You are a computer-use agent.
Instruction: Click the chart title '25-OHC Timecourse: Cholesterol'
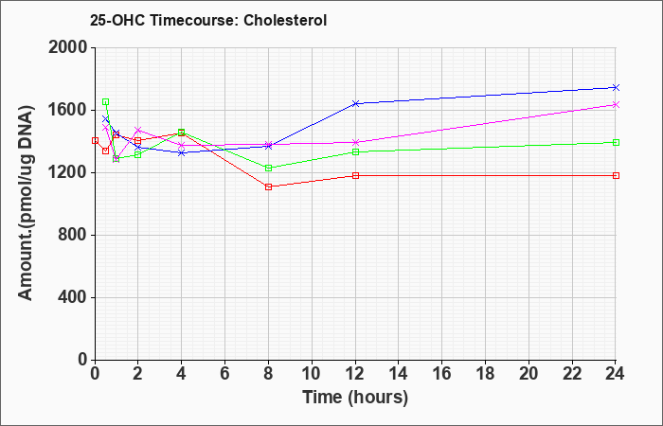pyautogui.click(x=208, y=20)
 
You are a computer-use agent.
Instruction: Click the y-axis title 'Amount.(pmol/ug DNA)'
pyautogui.click(x=26, y=204)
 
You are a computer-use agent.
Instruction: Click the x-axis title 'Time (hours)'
pyautogui.click(x=355, y=398)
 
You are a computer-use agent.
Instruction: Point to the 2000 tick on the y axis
pyautogui.click(x=69, y=47)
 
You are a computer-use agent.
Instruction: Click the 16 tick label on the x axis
pyautogui.click(x=442, y=373)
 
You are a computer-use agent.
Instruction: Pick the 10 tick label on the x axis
pyautogui.click(x=312, y=373)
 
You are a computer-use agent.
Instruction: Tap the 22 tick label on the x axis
pyautogui.click(x=572, y=373)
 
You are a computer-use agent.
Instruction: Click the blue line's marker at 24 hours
pyautogui.click(x=616, y=87)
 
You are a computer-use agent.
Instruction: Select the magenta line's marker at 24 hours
pyautogui.click(x=616, y=105)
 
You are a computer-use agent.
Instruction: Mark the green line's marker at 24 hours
pyautogui.click(x=616, y=142)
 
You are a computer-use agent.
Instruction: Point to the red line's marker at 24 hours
pyautogui.click(x=616, y=175)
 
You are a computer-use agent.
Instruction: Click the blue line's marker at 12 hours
pyautogui.click(x=355, y=103)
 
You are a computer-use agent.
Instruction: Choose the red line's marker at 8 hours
pyautogui.click(x=268, y=186)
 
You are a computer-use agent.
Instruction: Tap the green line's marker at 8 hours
pyautogui.click(x=268, y=169)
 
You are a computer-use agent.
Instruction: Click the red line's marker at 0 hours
pyautogui.click(x=95, y=140)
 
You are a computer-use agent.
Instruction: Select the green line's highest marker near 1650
pyautogui.click(x=106, y=102)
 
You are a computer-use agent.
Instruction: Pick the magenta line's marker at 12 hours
pyautogui.click(x=355, y=142)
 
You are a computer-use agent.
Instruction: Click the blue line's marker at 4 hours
pyautogui.click(x=182, y=152)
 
